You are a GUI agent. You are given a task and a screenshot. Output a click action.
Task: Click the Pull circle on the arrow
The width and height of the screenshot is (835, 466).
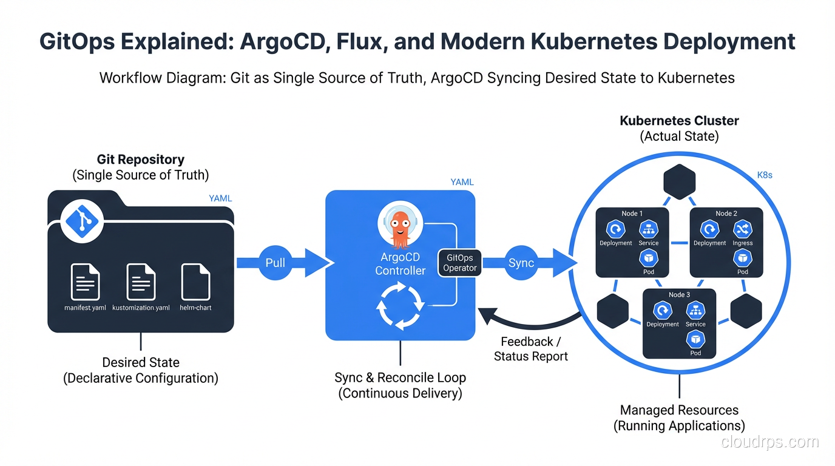point(276,263)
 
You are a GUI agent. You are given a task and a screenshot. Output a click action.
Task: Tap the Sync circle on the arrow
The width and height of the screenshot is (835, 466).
point(521,263)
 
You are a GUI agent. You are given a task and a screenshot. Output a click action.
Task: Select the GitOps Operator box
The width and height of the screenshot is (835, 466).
point(460,263)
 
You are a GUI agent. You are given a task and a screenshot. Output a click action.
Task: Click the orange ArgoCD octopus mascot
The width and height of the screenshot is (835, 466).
point(399,228)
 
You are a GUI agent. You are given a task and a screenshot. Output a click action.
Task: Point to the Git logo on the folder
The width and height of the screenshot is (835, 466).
point(83,221)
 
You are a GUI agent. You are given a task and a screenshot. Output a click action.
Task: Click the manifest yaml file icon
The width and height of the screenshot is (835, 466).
point(85,282)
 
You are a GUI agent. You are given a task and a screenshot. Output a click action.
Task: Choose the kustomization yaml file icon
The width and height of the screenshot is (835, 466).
point(141,282)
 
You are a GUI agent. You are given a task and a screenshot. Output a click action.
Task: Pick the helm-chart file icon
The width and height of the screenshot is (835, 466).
point(195,282)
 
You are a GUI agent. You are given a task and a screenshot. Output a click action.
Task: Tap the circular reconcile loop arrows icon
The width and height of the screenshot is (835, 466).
point(399,305)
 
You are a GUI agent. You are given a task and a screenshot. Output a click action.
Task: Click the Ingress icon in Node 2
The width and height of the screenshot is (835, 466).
point(743,229)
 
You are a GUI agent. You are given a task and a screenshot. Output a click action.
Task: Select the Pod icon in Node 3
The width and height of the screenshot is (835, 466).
point(695,339)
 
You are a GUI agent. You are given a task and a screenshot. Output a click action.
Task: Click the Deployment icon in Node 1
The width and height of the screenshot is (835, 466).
point(616,229)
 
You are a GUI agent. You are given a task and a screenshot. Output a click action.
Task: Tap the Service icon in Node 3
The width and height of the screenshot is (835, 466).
point(695,311)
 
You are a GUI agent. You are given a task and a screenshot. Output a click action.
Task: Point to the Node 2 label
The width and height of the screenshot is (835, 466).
point(726,214)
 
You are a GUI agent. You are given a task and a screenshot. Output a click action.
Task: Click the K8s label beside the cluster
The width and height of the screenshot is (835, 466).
point(765,175)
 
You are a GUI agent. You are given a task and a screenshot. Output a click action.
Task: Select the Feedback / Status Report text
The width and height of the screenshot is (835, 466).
point(531,349)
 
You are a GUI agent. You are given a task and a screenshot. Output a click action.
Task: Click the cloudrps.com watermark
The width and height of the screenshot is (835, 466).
point(770,442)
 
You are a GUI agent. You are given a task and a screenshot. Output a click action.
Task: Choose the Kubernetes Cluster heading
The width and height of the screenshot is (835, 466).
point(679,121)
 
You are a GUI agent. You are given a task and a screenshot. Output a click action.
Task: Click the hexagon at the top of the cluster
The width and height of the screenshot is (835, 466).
point(680,181)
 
